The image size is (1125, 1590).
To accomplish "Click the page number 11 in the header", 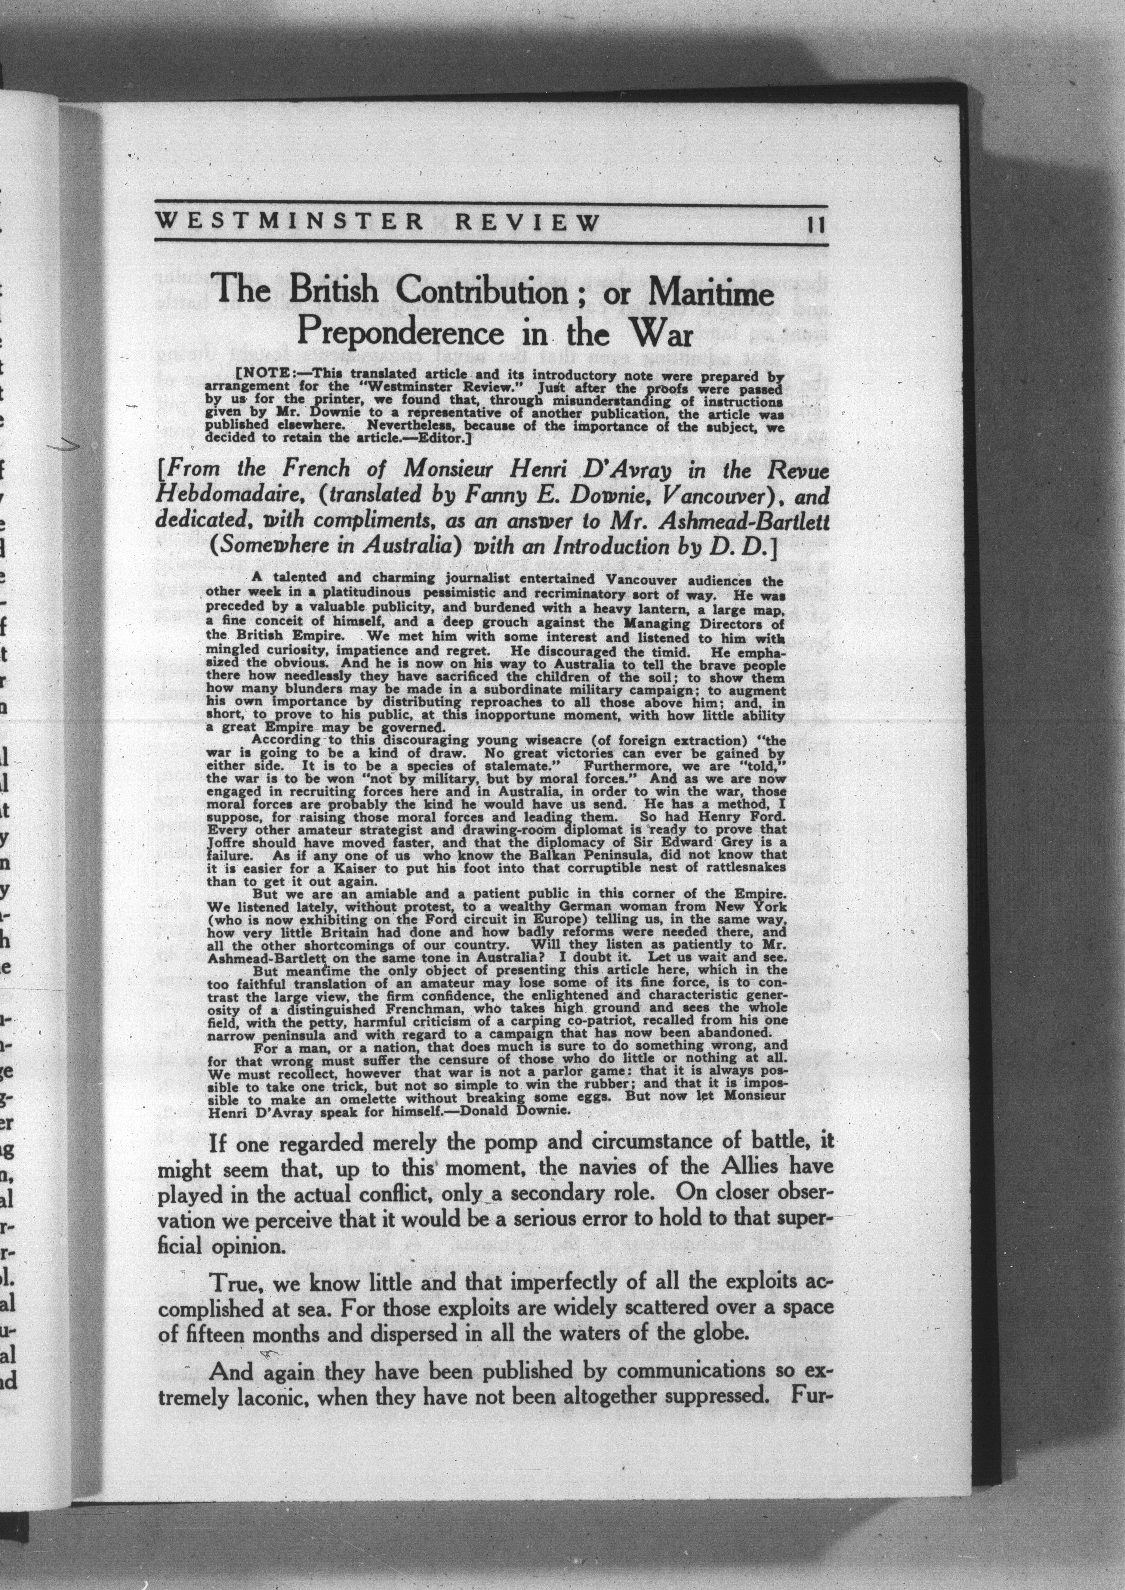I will [812, 225].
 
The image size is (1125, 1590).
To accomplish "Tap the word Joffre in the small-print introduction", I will [225, 842].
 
